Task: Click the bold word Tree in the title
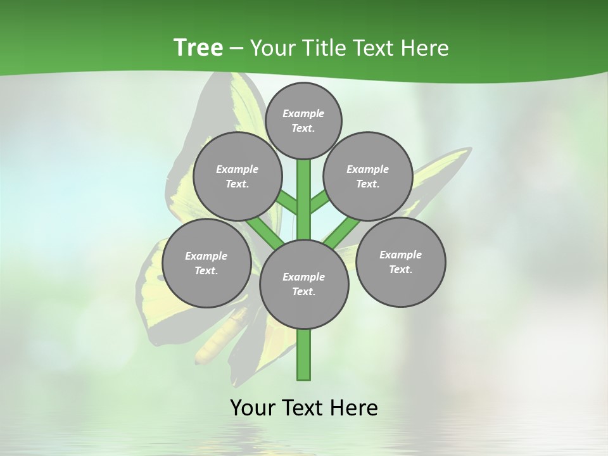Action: point(198,48)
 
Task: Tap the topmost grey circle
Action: point(303,120)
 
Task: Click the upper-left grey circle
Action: point(237,176)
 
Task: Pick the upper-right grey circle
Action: point(368,176)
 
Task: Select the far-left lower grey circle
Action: point(206,263)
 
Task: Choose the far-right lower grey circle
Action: point(400,262)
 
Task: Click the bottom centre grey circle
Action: point(303,284)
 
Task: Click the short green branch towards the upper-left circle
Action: point(287,203)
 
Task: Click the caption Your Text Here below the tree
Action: point(303,407)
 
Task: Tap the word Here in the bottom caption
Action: point(355,407)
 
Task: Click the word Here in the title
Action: point(424,48)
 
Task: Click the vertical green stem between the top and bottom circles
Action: point(303,196)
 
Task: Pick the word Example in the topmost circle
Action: point(303,113)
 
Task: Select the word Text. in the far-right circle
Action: point(400,269)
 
